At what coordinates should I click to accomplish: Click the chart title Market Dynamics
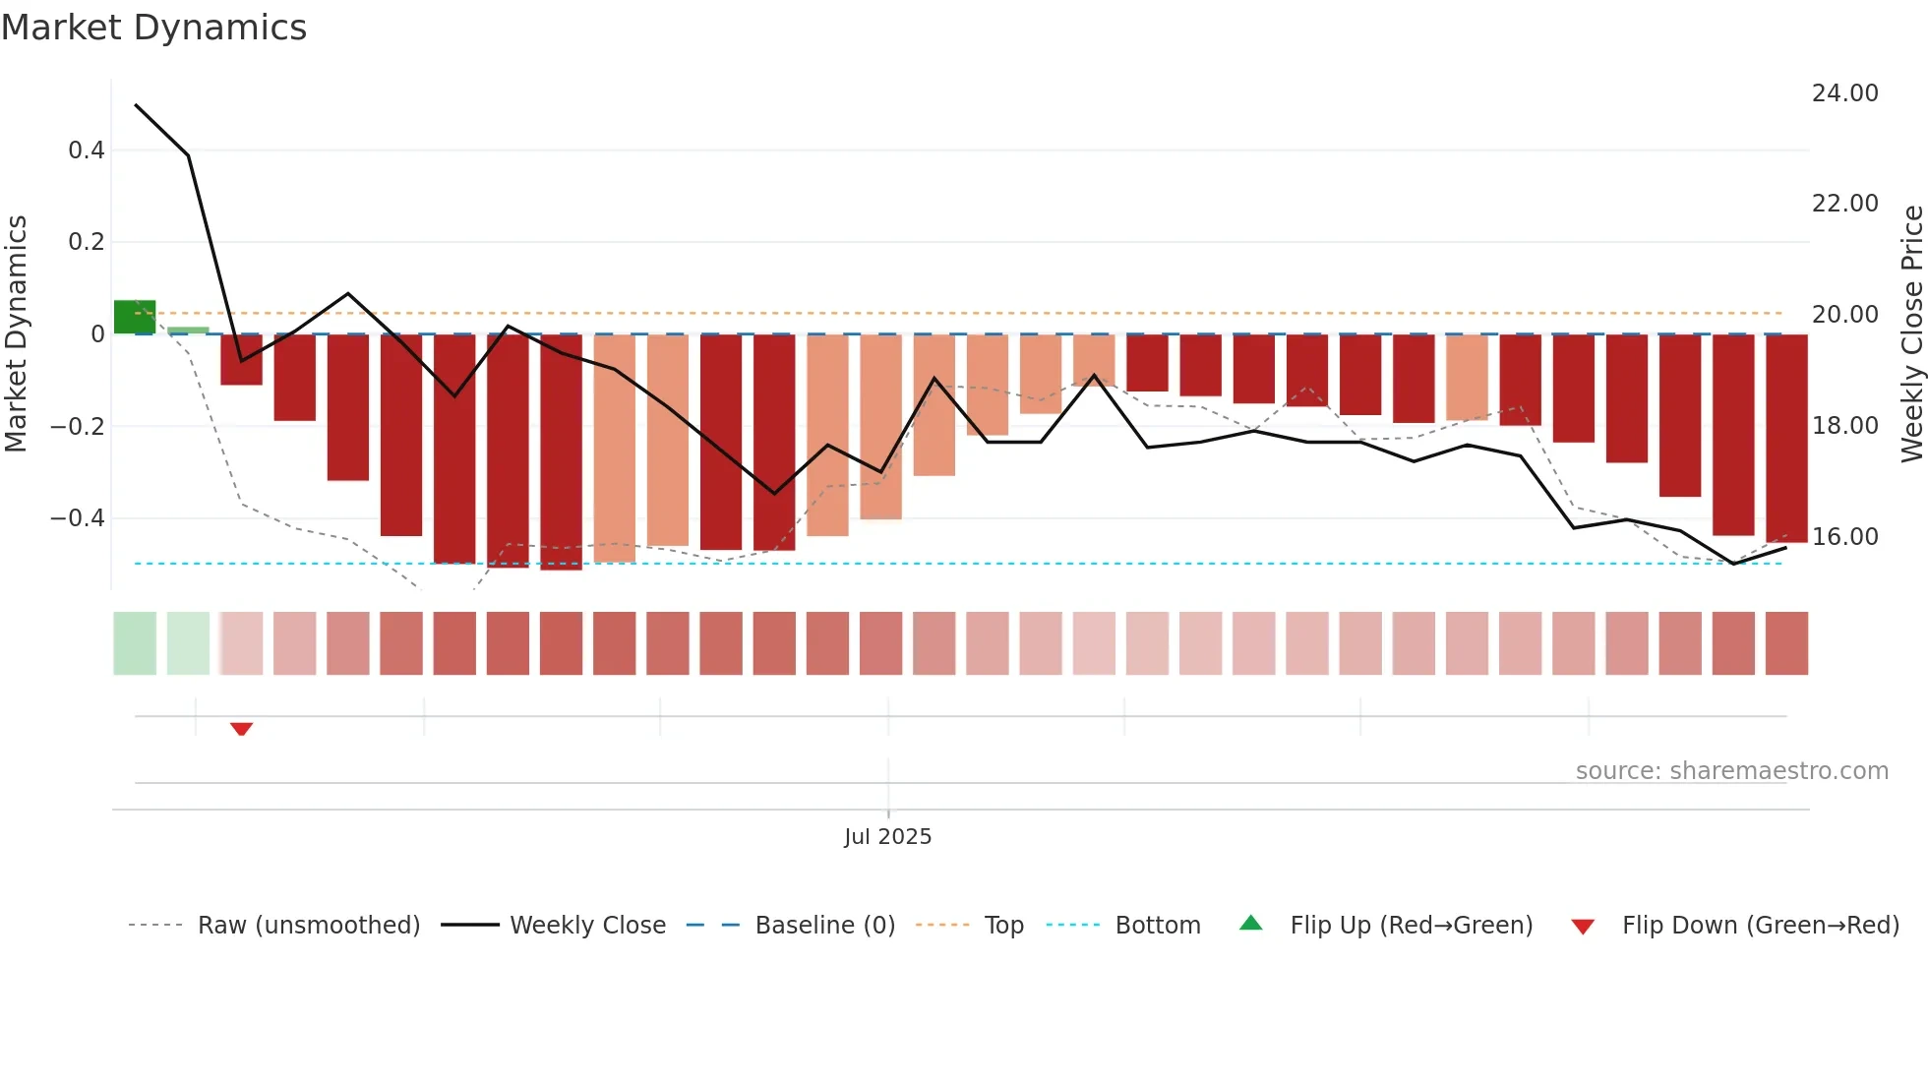pyautogui.click(x=153, y=28)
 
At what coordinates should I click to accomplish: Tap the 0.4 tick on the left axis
pyautogui.click(x=86, y=151)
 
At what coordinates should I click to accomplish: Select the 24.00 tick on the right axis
pyautogui.click(x=1844, y=93)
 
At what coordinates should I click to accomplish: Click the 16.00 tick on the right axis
pyautogui.click(x=1844, y=537)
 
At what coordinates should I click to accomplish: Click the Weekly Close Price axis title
pyautogui.click(x=1911, y=333)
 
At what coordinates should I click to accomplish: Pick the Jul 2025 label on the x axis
pyautogui.click(x=887, y=837)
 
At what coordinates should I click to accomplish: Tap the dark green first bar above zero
pyautogui.click(x=135, y=317)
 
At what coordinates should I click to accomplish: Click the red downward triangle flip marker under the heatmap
pyautogui.click(x=241, y=729)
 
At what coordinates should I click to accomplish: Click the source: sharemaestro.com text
pyautogui.click(x=1731, y=771)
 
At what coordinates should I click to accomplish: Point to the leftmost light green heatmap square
pyautogui.click(x=135, y=643)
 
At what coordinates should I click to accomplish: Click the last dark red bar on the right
pyautogui.click(x=1786, y=438)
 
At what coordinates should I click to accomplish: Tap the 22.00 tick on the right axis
pyautogui.click(x=1844, y=204)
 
